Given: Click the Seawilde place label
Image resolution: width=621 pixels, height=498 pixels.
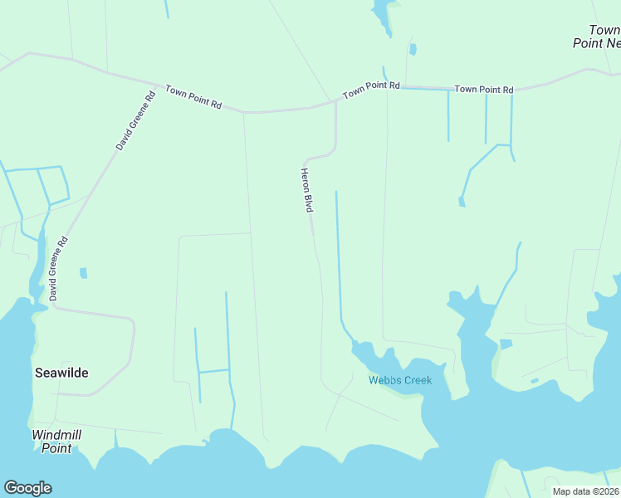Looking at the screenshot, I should coord(61,373).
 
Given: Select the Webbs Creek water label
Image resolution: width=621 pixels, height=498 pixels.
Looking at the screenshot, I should coord(400,381).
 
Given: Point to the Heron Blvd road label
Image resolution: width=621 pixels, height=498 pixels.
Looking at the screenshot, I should coord(306,189).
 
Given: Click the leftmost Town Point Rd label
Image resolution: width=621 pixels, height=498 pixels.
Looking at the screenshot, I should coord(193,96).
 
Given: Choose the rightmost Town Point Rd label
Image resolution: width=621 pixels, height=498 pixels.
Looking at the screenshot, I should coord(484,89).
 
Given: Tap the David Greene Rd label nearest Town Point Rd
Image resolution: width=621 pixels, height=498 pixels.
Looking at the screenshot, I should coord(135,120).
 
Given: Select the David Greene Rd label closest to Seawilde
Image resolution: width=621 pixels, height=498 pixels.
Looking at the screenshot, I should coord(57,268).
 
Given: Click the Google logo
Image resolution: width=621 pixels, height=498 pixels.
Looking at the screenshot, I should coord(27,488).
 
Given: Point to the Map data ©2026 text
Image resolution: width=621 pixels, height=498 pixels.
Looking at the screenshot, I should coord(585,491).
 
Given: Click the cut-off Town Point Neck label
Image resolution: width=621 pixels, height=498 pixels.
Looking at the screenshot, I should coord(598,37).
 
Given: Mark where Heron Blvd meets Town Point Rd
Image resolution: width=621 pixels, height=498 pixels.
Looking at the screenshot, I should coord(335,102).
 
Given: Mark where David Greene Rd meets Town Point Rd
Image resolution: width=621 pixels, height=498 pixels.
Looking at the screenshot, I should coord(158,85).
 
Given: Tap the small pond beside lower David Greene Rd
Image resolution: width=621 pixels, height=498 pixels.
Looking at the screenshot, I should coord(83,272).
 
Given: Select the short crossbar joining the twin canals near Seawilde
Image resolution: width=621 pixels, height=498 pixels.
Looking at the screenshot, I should coord(213,371).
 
